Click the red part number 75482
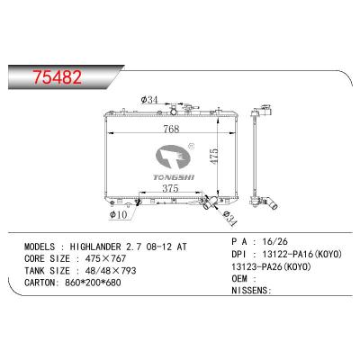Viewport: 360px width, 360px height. (x=57, y=77)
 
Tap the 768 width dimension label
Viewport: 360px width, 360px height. (x=171, y=129)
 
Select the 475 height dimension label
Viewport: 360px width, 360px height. (x=214, y=156)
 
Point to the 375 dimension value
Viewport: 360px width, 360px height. (x=170, y=188)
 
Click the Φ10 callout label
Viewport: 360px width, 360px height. (x=119, y=214)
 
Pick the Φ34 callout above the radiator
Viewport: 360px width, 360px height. (x=149, y=100)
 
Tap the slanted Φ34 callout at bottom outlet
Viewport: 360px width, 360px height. (x=230, y=219)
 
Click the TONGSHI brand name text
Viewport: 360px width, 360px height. (x=174, y=177)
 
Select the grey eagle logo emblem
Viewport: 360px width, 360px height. (x=175, y=157)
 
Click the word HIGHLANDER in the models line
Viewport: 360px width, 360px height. (x=95, y=247)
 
